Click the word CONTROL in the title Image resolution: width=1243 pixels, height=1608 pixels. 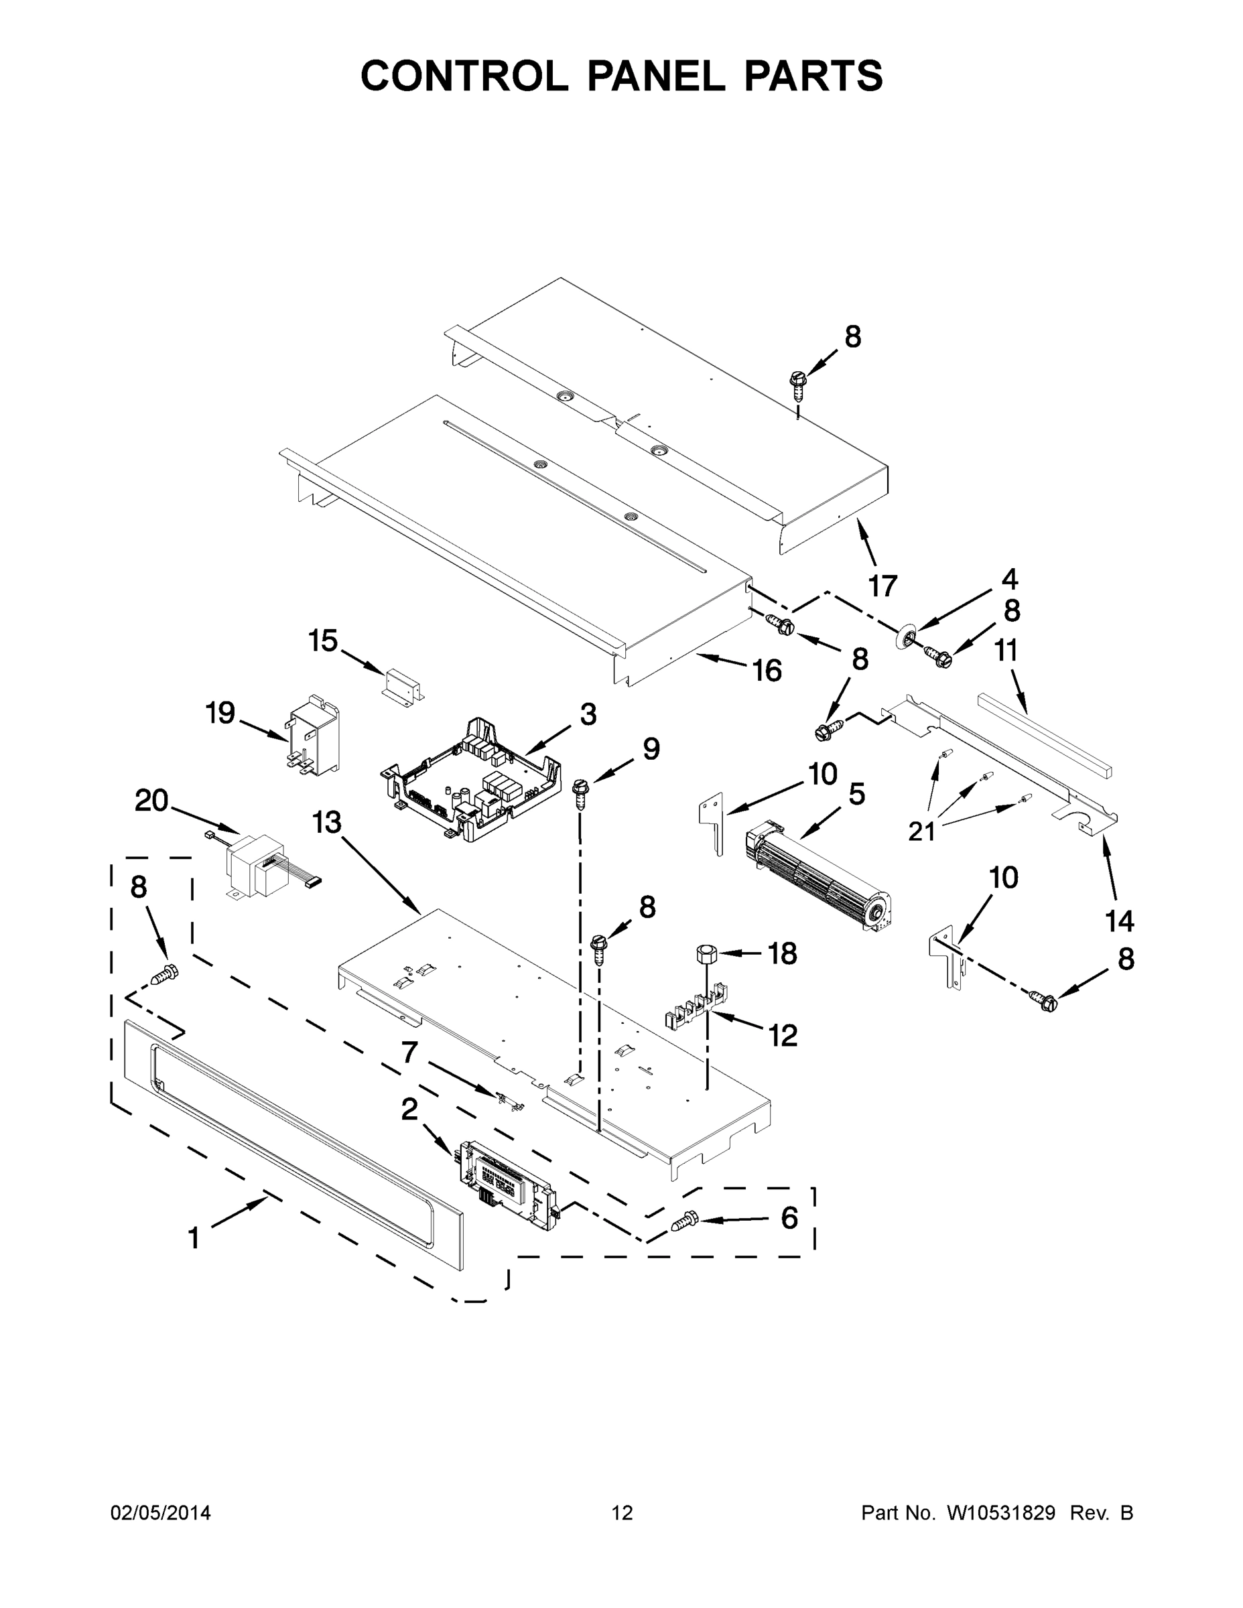point(464,76)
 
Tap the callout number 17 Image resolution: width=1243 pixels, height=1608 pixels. point(882,586)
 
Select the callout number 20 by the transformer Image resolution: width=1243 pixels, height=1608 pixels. point(151,801)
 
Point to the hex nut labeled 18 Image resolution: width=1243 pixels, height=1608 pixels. point(706,954)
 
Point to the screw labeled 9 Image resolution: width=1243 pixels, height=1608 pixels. point(580,793)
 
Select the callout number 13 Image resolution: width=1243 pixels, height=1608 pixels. point(326,822)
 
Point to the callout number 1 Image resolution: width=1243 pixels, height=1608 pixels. point(194,1238)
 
